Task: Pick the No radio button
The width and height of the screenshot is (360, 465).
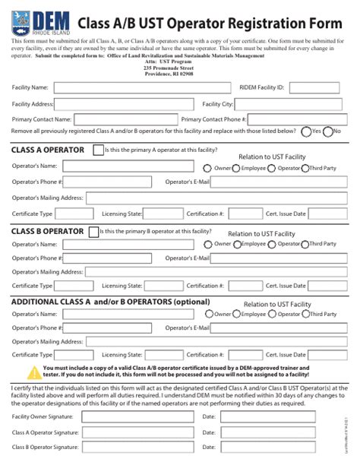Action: pos(328,131)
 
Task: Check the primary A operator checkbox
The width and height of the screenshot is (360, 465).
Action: pos(98,150)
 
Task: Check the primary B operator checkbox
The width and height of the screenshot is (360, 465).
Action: pos(94,231)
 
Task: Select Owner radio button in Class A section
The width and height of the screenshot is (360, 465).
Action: pos(209,167)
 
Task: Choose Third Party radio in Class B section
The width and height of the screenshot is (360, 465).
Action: pos(305,245)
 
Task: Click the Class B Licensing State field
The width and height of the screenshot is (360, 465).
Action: pos(163,286)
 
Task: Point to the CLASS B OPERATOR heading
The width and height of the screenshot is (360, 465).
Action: pos(47,231)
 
